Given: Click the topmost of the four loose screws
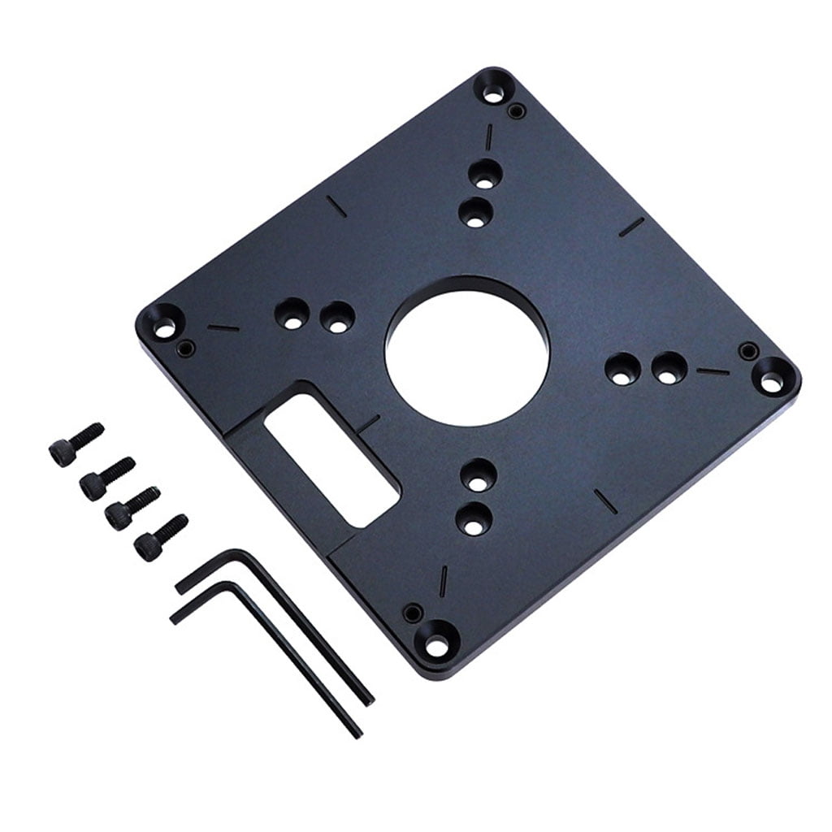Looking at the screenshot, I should [76, 442].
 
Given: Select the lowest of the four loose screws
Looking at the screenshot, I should [160, 532].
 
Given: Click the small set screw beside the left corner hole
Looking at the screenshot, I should [186, 349].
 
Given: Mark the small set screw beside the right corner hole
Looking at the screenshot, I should [746, 351].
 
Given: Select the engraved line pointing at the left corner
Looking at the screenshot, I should [223, 327].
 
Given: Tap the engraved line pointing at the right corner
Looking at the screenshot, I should [713, 371].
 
